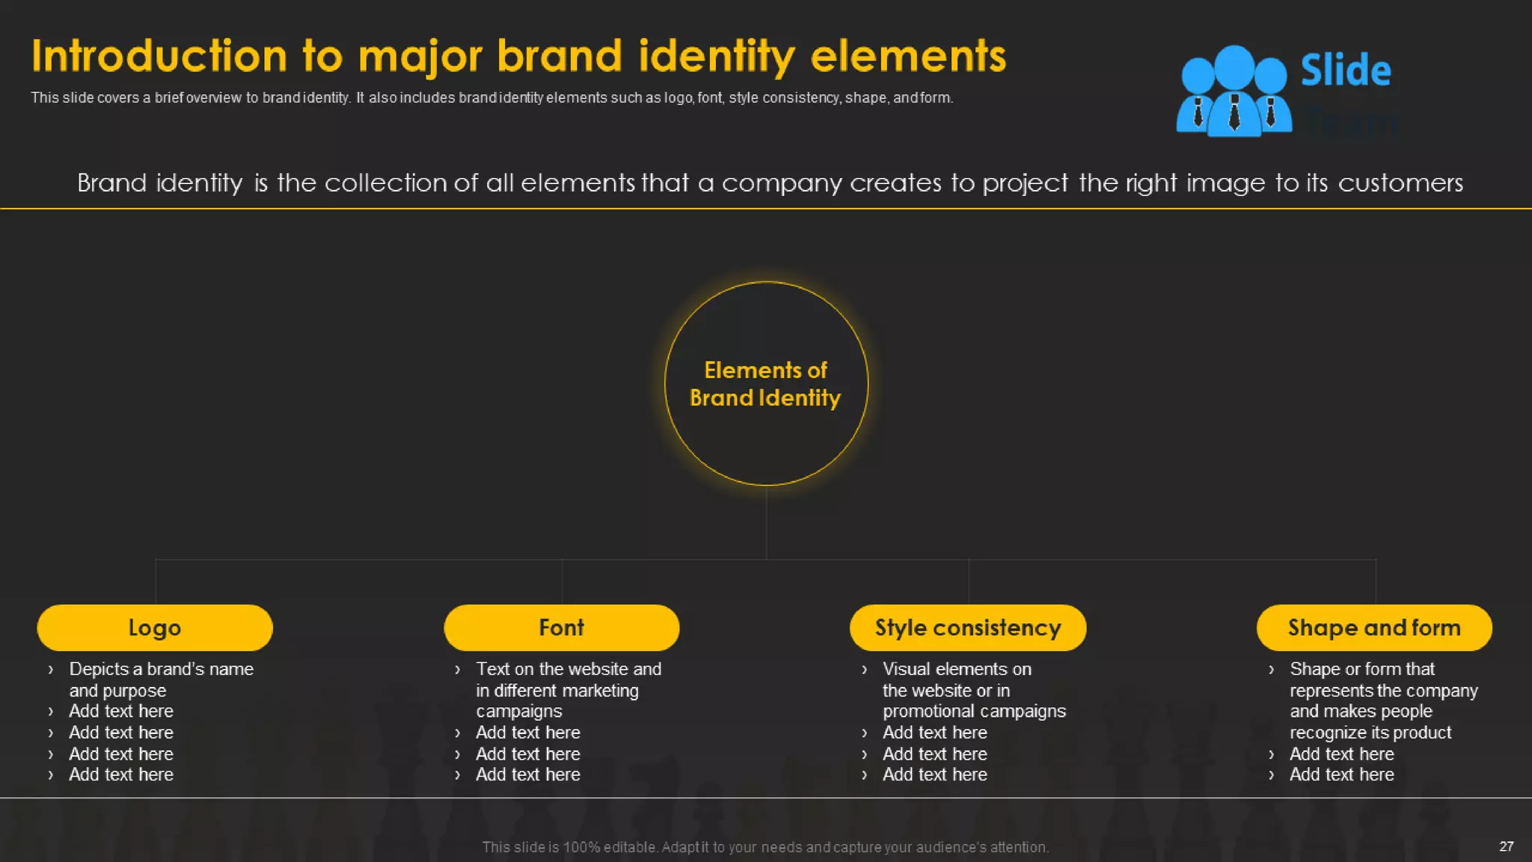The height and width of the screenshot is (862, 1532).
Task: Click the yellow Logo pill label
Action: click(x=155, y=628)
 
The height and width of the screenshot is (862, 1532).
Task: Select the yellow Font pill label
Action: click(x=562, y=628)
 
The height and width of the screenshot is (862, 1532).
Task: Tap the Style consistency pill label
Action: click(x=968, y=628)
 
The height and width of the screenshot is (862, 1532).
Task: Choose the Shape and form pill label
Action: click(x=1374, y=628)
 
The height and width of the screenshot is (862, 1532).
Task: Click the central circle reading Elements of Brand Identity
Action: click(x=766, y=384)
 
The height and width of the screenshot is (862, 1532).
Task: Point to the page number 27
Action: click(x=1507, y=846)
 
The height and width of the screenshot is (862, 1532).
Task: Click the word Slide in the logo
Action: click(x=1346, y=70)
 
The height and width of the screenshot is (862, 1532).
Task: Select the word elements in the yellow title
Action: click(x=908, y=56)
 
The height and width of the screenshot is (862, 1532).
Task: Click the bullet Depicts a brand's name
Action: click(x=161, y=669)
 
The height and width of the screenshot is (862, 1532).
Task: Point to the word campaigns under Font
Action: click(x=519, y=711)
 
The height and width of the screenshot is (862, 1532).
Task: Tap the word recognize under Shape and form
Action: click(x=1327, y=733)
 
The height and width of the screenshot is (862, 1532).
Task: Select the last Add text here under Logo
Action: click(x=121, y=774)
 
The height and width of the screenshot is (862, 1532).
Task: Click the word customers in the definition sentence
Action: click(x=1400, y=183)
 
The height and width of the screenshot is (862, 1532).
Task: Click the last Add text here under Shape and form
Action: click(x=1341, y=774)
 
